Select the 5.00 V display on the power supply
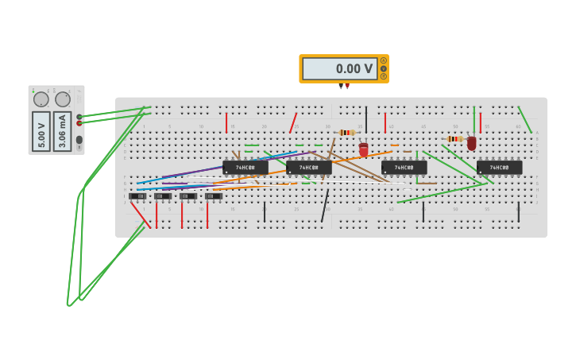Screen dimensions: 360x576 (41, 130)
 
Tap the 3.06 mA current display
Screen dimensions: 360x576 (63, 130)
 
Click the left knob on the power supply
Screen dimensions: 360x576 (41, 99)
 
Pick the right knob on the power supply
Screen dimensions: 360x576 (63, 99)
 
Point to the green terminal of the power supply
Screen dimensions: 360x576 (79, 117)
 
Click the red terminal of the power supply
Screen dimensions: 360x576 (79, 123)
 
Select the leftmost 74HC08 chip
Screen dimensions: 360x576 (245, 168)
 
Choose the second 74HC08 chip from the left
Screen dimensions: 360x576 (309, 168)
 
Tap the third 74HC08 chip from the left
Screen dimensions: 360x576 (404, 168)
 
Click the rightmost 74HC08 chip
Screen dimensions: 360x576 (500, 168)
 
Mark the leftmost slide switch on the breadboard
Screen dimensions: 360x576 (137, 195)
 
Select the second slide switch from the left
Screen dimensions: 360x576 (163, 195)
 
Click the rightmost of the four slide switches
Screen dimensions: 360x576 (214, 195)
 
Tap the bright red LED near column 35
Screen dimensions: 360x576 (364, 149)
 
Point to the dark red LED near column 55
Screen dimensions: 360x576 (472, 143)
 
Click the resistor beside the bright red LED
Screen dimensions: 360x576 (346, 132)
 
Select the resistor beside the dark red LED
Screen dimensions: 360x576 (454, 138)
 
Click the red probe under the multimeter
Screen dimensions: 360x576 (347, 86)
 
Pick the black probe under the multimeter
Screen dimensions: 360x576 (341, 86)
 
